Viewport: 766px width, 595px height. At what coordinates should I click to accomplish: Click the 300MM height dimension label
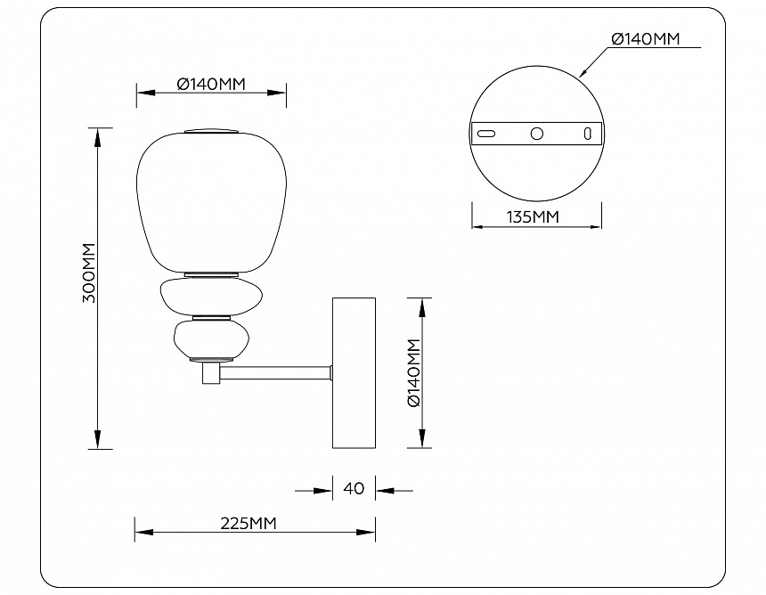[x=89, y=273]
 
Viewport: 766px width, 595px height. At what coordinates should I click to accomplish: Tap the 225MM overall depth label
[x=249, y=523]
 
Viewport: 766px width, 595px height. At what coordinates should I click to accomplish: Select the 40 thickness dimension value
[x=354, y=488]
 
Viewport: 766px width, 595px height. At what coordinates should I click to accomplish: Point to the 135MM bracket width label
[x=533, y=216]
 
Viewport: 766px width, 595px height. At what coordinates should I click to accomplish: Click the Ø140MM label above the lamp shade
[x=211, y=84]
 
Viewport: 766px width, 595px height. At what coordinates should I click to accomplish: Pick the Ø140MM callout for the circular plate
[x=646, y=38]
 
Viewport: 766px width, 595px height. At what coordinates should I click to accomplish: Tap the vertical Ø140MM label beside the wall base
[x=413, y=373]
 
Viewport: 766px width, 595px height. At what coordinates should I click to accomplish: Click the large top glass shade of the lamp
[x=211, y=202]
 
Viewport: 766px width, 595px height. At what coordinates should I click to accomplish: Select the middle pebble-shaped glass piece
[x=211, y=297]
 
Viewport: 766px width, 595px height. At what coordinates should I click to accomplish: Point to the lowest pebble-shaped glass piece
[x=211, y=339]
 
